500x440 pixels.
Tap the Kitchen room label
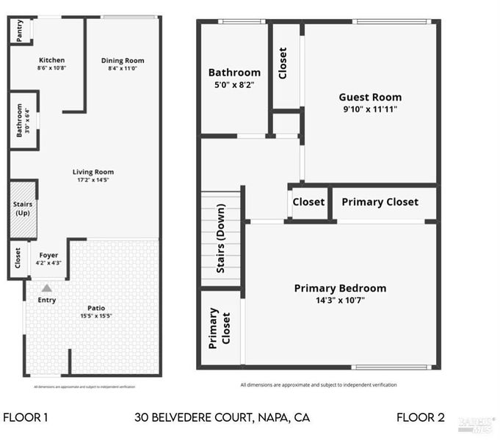coord(51,60)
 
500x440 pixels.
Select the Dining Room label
coord(123,60)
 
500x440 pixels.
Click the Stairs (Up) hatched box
coord(22,209)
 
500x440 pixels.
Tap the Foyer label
coord(48,255)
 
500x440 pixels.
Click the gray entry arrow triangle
coord(47,288)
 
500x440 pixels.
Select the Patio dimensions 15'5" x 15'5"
coord(96,316)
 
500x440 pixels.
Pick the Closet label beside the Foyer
coord(18,257)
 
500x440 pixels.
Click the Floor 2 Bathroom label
coord(234,73)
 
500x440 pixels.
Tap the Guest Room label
coord(370,97)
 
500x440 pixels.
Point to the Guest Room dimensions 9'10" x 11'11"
coord(370,109)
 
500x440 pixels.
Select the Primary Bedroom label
coord(340,288)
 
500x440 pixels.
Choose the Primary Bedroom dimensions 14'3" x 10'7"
coord(340,300)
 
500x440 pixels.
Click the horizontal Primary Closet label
coord(380,202)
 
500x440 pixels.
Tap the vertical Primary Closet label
coord(220,328)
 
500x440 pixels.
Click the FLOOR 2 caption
coord(421,418)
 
